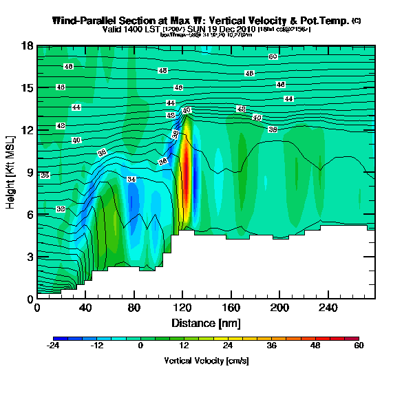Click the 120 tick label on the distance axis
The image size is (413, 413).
pos(85,308)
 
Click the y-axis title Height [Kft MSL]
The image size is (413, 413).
pos(12,173)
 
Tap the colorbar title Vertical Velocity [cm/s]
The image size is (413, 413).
pos(206,361)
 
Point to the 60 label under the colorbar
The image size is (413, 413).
pos(359,346)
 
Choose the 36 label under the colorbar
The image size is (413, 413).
pos(271,346)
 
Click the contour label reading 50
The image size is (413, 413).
pos(273,56)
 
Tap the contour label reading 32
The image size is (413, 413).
pos(61,209)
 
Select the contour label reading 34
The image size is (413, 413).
pos(132,179)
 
